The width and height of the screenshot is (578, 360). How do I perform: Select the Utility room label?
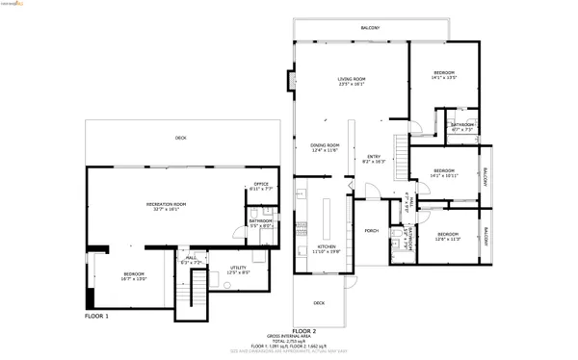click(x=238, y=270)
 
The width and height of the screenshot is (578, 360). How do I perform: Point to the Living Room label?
click(x=351, y=82)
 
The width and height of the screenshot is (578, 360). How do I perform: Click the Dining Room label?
click(x=325, y=147)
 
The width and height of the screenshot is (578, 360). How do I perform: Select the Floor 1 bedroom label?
click(x=133, y=276)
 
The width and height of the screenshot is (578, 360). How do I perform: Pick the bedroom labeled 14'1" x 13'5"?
click(x=443, y=75)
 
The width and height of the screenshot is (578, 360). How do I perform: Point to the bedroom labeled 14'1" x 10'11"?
click(x=443, y=174)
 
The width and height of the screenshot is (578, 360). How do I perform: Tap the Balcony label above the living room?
click(x=370, y=29)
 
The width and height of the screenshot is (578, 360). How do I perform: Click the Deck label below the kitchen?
click(x=319, y=303)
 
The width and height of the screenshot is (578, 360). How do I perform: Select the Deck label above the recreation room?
click(x=181, y=139)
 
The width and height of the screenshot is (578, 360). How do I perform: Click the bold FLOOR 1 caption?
click(x=96, y=316)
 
